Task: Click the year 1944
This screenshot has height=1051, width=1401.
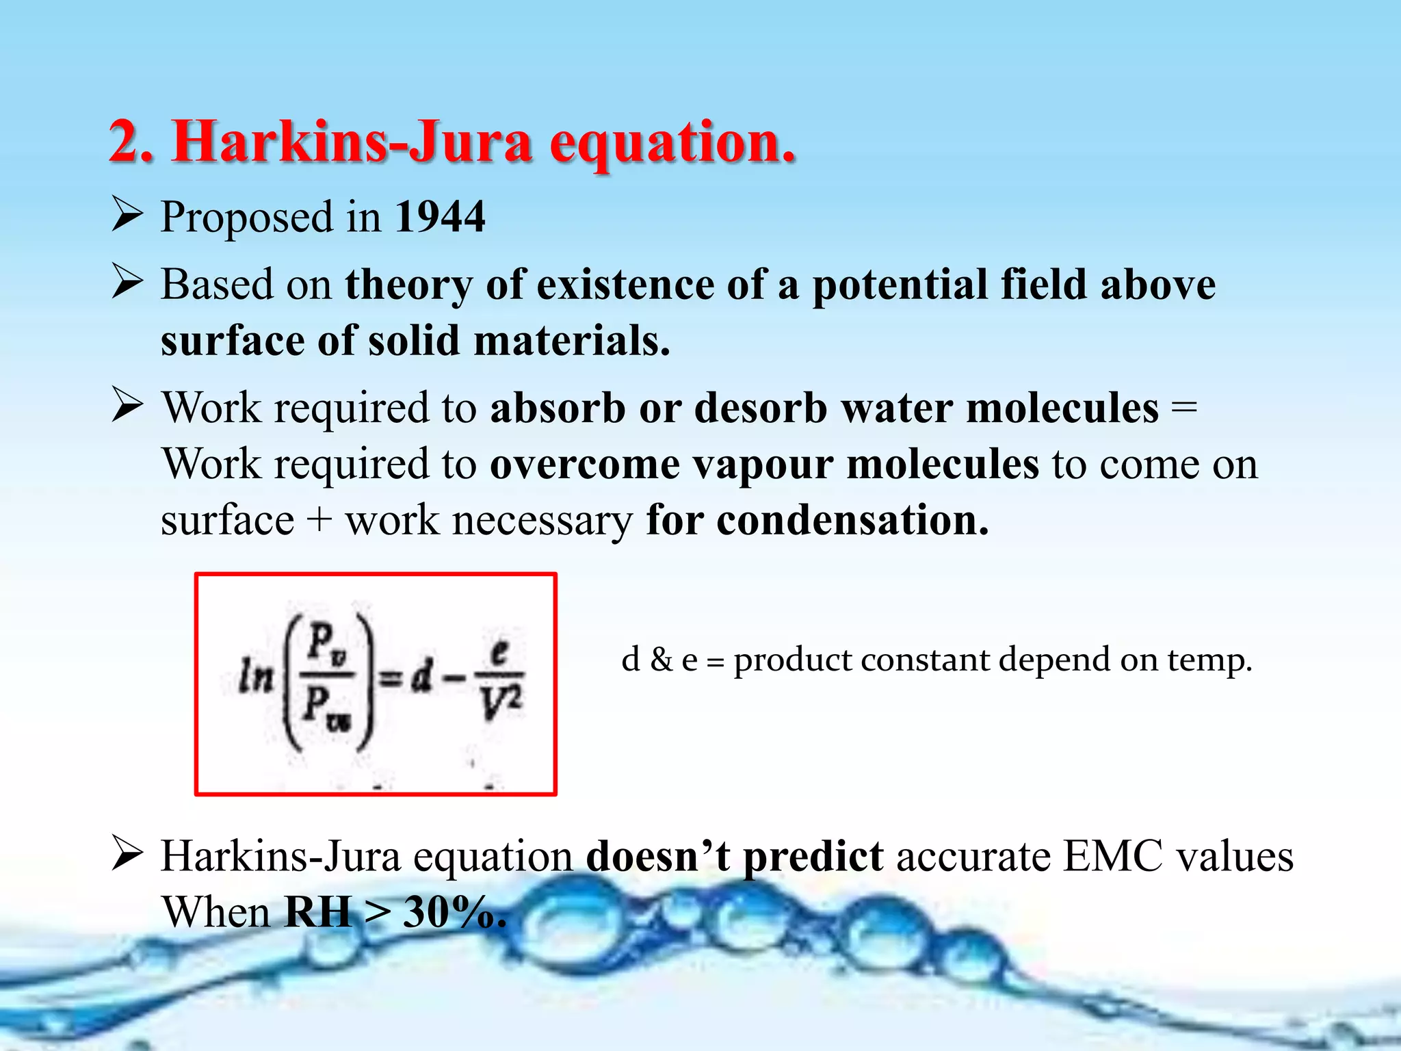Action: click(440, 218)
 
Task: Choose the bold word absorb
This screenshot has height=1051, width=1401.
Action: click(558, 408)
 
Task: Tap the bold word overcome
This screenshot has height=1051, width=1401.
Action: click(584, 465)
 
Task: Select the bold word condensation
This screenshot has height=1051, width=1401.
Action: click(852, 521)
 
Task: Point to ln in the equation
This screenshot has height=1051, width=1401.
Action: click(254, 677)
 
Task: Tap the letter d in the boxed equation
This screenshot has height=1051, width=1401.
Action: click(421, 677)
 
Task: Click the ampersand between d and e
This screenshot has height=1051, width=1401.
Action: click(661, 660)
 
